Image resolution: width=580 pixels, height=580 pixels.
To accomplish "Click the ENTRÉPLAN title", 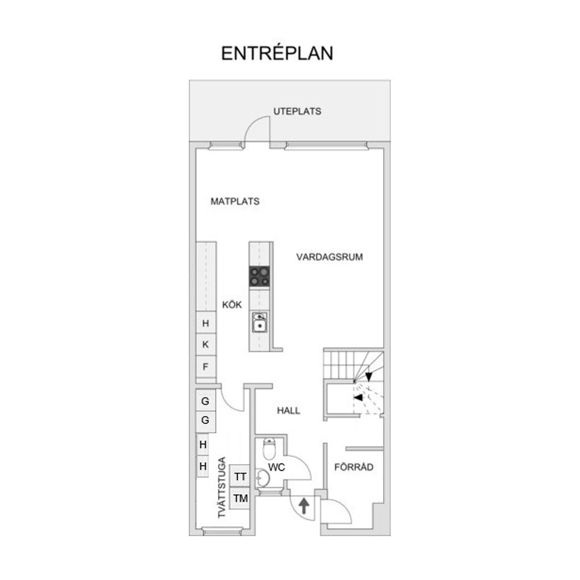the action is [277, 53].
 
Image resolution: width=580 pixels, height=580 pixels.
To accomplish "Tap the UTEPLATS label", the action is [297, 111].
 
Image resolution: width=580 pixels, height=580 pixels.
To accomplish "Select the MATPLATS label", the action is [235, 201].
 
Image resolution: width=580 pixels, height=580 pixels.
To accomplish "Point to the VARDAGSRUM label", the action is [329, 257].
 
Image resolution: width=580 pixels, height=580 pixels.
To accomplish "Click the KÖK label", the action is [232, 304].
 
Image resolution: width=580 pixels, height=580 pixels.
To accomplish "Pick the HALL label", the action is [289, 411].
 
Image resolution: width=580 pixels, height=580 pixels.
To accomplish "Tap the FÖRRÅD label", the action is [353, 467].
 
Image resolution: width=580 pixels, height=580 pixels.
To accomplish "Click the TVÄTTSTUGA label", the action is [222, 488].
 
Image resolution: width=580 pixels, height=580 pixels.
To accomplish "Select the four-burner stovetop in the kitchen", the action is [259, 277].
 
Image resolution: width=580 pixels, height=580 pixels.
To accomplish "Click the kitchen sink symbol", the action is [260, 322].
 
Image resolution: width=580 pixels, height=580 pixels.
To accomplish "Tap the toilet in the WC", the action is [269, 448].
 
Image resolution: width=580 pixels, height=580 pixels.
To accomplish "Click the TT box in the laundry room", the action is [240, 477].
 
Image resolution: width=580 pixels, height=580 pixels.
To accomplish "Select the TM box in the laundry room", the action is [240, 498].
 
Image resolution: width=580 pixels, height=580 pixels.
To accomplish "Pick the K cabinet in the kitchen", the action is [205, 344].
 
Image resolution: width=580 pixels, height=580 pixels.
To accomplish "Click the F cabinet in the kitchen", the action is [205, 367].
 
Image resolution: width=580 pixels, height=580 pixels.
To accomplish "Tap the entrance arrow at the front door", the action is [304, 506].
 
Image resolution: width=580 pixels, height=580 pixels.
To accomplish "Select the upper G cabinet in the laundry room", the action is [205, 401].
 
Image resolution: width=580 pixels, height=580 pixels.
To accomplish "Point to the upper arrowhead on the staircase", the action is [369, 376].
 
